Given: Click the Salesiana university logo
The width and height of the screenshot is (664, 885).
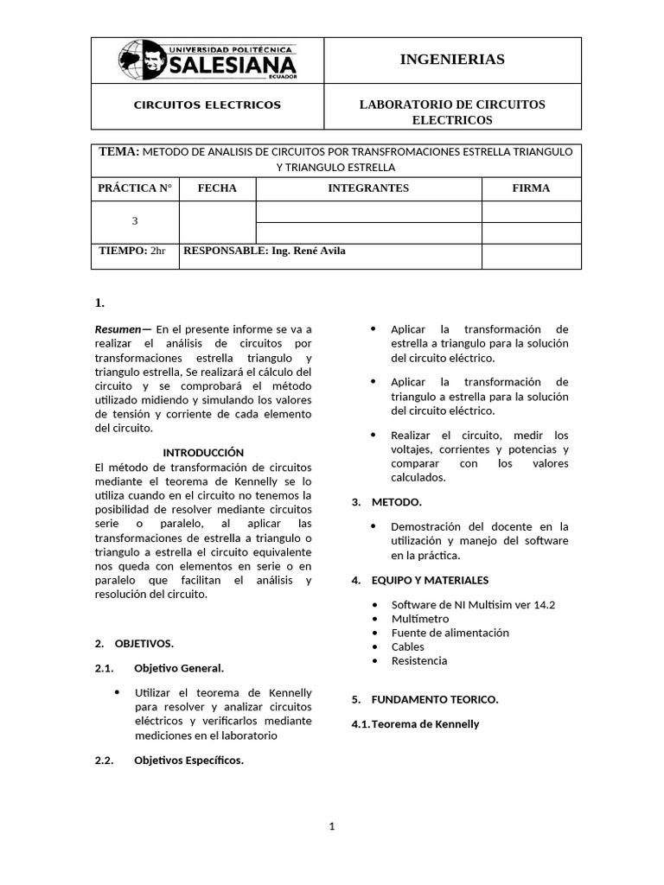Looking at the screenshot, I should pyautogui.click(x=207, y=60).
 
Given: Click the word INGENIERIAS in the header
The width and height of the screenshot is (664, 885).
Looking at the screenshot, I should pyautogui.click(x=452, y=60).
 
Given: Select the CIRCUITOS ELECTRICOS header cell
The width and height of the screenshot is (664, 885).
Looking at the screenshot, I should pyautogui.click(x=207, y=105).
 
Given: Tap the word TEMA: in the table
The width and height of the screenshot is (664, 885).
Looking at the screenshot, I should pyautogui.click(x=118, y=152).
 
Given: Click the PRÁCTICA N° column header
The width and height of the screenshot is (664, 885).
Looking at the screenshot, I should pyautogui.click(x=135, y=188).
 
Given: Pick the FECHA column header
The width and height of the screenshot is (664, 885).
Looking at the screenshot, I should pyautogui.click(x=217, y=188).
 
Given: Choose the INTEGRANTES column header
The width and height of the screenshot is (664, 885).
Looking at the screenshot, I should pyautogui.click(x=368, y=188).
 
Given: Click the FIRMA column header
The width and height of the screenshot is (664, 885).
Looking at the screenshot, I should pyautogui.click(x=531, y=188).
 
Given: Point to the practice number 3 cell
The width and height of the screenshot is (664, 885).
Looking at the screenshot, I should pyautogui.click(x=135, y=221).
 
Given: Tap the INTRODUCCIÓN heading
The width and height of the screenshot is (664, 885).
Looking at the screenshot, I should pyautogui.click(x=203, y=453).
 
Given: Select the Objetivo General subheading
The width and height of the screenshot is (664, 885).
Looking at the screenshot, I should pyautogui.click(x=179, y=668).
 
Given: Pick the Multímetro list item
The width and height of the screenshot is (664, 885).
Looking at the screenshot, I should pyautogui.click(x=419, y=619).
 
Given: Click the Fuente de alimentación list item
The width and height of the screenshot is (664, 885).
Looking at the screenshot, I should pyautogui.click(x=450, y=633).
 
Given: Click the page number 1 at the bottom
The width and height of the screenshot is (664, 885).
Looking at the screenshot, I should pyautogui.click(x=331, y=826).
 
